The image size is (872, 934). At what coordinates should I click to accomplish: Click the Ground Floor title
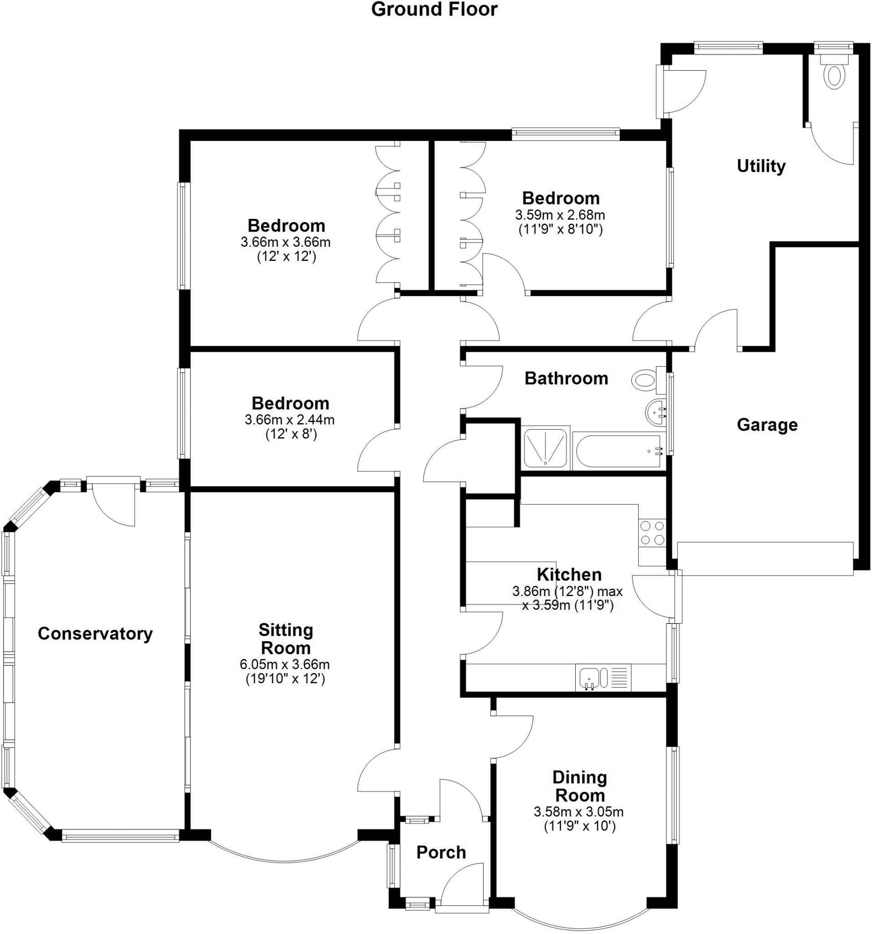coord(434,10)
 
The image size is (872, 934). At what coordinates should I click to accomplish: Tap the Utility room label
coord(761,166)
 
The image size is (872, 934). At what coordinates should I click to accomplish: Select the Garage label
coord(767,425)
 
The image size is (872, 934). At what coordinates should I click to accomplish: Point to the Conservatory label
coord(95,634)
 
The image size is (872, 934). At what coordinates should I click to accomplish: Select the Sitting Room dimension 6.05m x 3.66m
coord(285,664)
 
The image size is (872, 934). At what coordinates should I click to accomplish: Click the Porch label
coord(441,852)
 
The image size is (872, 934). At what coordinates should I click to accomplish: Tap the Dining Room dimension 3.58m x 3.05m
coord(578,811)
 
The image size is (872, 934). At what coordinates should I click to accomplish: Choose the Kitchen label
coord(569,575)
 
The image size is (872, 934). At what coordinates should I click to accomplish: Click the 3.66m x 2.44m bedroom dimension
coord(289,420)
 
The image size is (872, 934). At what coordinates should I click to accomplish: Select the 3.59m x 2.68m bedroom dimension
coord(560,215)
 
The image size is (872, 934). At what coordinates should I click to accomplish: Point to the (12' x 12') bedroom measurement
coord(286,256)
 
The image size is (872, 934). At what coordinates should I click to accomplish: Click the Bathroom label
coord(566,378)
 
